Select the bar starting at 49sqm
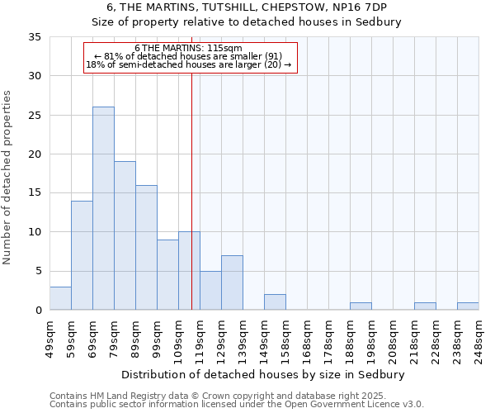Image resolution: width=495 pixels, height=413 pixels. click(x=60, y=298)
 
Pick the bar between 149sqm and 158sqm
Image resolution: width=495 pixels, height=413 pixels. click(x=275, y=302)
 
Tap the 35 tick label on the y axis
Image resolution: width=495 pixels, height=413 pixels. click(x=35, y=37)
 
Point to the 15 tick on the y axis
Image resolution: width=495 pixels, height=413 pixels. click(x=35, y=193)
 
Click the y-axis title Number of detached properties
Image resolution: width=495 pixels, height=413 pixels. click(x=8, y=178)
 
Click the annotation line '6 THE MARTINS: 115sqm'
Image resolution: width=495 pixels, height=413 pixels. click(x=188, y=49)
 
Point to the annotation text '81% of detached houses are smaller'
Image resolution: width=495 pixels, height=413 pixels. click(x=189, y=56)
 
